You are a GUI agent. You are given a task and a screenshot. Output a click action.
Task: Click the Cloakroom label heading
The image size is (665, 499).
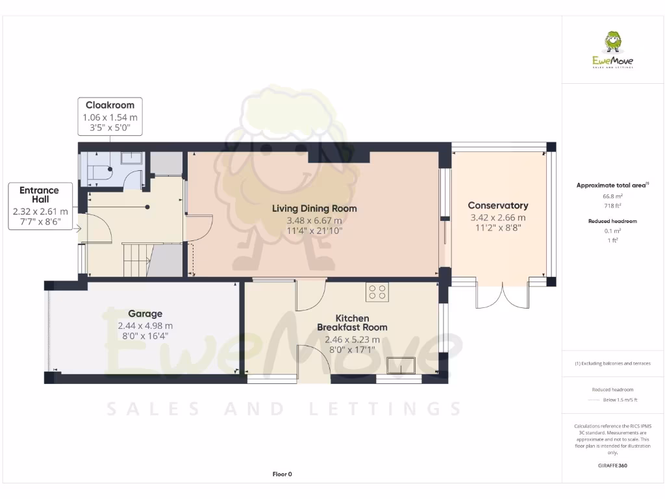110,105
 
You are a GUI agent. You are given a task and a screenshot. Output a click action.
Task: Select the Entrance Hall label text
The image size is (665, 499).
39,194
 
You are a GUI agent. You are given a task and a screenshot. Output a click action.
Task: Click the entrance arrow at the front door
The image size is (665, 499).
77,228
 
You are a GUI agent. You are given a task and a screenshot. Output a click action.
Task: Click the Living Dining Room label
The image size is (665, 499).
314,209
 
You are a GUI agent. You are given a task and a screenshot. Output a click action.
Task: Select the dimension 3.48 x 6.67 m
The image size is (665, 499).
314,220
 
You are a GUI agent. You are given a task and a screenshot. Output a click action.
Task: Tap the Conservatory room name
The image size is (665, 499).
497,205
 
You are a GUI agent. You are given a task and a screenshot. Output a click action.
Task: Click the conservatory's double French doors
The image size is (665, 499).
503,296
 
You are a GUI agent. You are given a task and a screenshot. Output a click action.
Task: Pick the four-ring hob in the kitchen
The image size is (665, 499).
377,292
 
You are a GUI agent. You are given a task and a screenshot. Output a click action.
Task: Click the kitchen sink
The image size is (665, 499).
401,366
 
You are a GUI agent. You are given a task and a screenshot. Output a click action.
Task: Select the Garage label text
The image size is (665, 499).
145,313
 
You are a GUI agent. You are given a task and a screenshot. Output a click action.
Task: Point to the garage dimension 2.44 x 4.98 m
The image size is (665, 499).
145,326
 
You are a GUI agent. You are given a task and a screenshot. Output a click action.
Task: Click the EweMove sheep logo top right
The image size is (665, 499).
612,44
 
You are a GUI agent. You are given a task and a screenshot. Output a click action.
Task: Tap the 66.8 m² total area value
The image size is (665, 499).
613,196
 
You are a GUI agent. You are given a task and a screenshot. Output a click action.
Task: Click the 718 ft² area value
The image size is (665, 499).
613,205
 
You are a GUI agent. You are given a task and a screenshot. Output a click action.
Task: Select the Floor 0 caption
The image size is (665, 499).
282,474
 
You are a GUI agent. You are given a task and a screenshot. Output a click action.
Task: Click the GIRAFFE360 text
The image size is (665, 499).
613,466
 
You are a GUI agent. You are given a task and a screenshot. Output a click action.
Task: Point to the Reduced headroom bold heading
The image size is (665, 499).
613,221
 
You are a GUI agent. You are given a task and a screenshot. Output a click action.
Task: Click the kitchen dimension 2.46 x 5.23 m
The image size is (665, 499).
351,339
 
